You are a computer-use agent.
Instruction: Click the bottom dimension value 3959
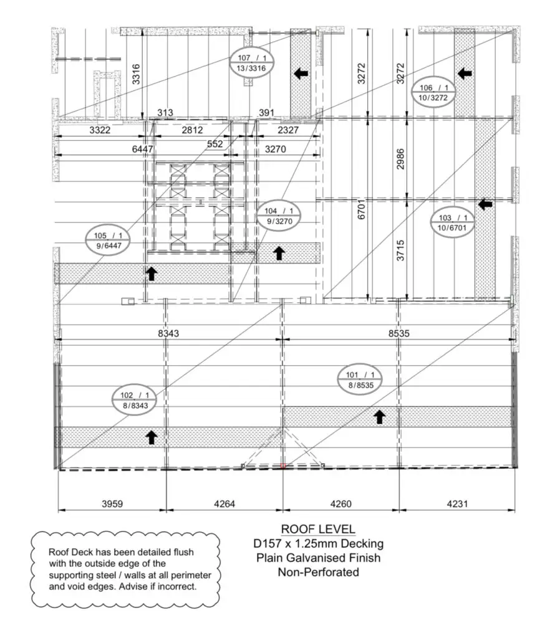[x=112, y=503]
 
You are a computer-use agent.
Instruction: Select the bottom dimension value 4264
[x=224, y=503]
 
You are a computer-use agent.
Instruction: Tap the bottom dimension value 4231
[x=457, y=503]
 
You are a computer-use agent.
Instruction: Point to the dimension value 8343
[x=168, y=334]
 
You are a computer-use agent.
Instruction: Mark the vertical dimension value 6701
[x=362, y=209]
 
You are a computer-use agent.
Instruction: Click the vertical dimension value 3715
[x=401, y=250]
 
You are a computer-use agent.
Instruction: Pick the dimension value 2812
[x=192, y=130]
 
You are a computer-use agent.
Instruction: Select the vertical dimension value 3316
[x=136, y=74]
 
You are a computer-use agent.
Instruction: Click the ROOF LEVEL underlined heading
[x=318, y=529]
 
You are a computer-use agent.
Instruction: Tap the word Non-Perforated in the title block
[x=319, y=572]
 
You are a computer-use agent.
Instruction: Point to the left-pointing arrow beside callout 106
[x=465, y=74]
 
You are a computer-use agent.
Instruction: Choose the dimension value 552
[x=215, y=144]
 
